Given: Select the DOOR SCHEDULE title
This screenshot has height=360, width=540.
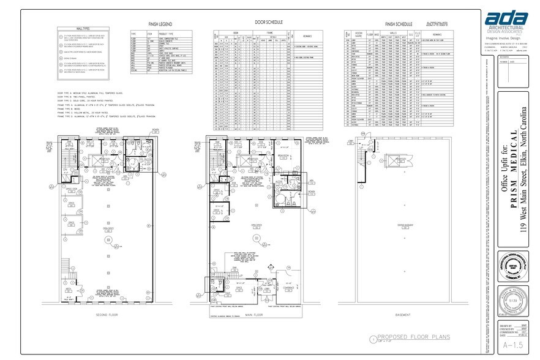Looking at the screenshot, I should click(266, 22).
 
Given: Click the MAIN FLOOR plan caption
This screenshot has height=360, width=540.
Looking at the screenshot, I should click(253, 315).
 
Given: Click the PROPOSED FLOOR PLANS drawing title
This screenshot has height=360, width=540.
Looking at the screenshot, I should click(413, 337).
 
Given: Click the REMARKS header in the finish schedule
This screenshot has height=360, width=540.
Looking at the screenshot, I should click(437, 34).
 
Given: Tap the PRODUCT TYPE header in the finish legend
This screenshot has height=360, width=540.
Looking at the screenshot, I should click(167, 34).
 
